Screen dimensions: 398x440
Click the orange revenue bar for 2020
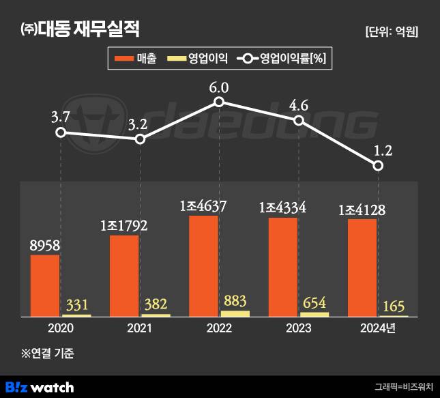(x=45, y=285)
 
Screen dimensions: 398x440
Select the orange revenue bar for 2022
(x=203, y=266)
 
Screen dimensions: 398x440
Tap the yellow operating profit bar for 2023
(x=314, y=315)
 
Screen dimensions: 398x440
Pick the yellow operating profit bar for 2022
(x=235, y=313)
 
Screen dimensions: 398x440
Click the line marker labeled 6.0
(x=219, y=102)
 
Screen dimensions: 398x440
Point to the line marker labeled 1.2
(x=379, y=166)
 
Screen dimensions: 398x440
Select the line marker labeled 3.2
(x=140, y=139)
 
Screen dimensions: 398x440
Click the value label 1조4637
(x=203, y=205)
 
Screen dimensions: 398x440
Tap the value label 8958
(x=45, y=244)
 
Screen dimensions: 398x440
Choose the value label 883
(x=235, y=300)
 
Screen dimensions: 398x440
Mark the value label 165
(x=394, y=304)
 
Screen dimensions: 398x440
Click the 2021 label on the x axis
(x=140, y=328)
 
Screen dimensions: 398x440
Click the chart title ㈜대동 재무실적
(x=81, y=30)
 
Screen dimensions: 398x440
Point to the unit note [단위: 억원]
(x=392, y=31)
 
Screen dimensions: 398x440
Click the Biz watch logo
(x=40, y=387)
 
